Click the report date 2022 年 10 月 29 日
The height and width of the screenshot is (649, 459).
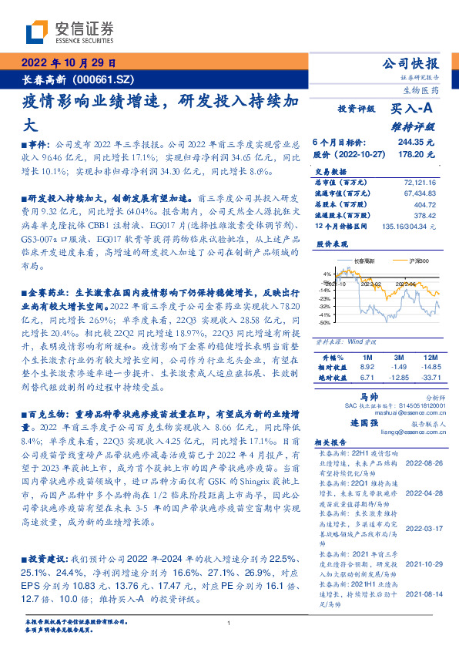[x=68, y=63]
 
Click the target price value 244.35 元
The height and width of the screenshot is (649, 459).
[x=416, y=143]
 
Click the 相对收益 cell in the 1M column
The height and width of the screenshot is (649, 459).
[x=368, y=368]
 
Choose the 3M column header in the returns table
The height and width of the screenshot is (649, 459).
[x=399, y=358]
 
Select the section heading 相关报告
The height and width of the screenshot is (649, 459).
[x=332, y=445]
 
